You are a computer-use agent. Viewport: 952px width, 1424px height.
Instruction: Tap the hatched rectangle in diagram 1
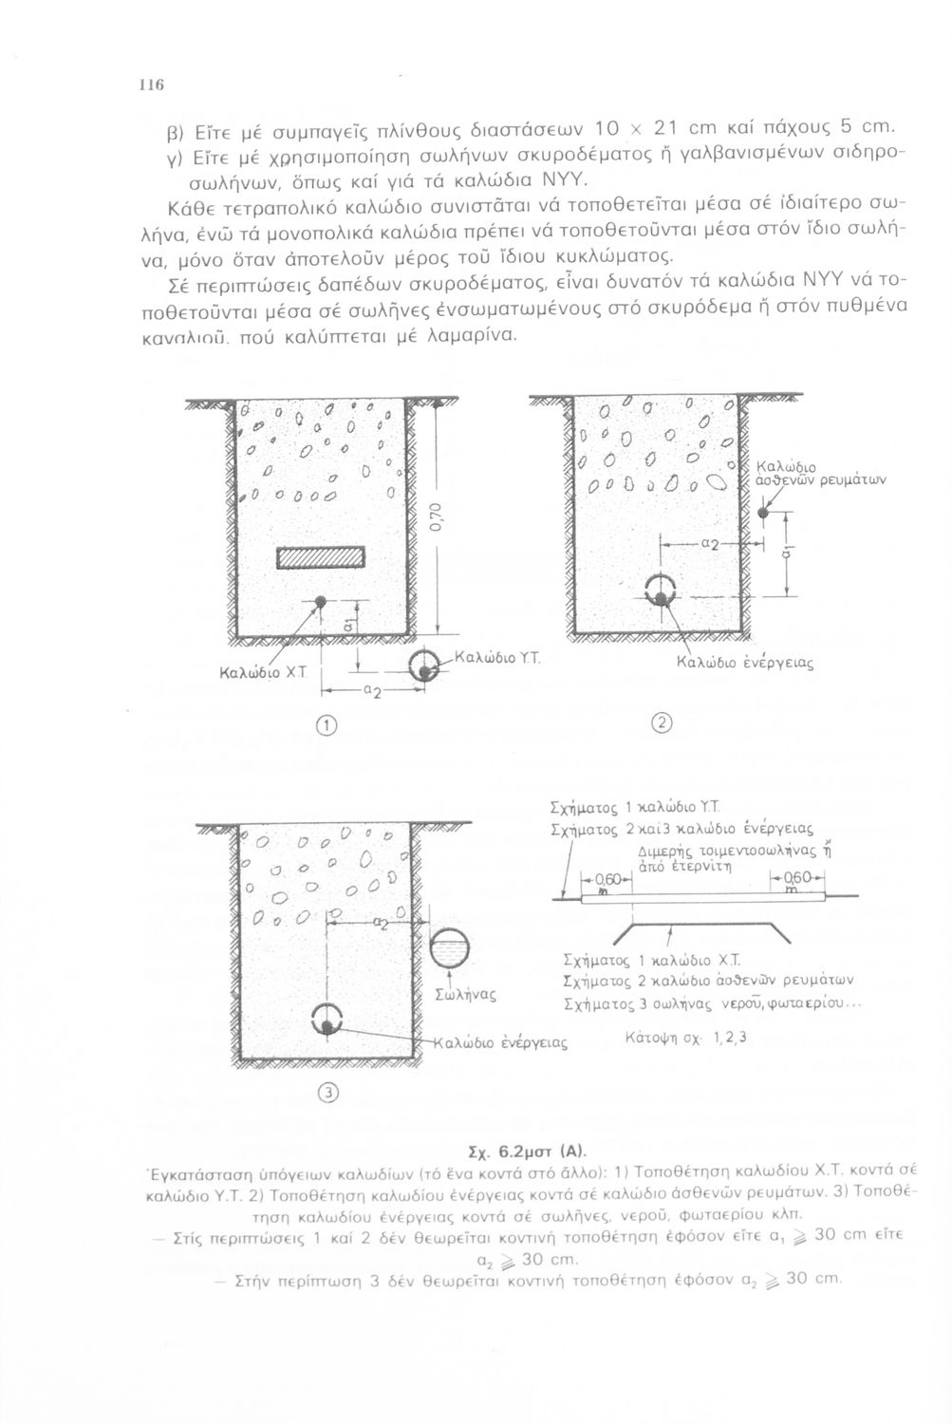pyautogui.click(x=321, y=558)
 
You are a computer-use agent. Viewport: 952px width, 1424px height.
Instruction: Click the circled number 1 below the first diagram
pyautogui.click(x=326, y=725)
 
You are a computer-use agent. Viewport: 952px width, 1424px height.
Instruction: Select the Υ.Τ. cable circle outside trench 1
pyautogui.click(x=423, y=665)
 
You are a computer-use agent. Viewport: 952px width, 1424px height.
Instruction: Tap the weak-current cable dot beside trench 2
pyautogui.click(x=768, y=513)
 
